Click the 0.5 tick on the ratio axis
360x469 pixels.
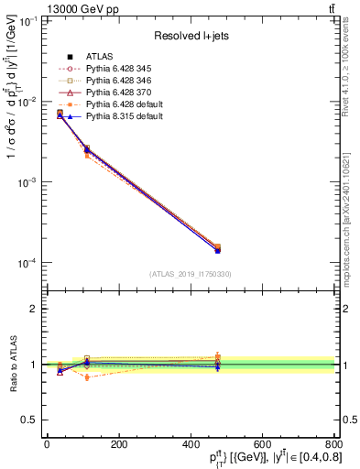(x=34, y=420)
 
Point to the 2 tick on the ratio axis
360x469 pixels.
(x=37, y=309)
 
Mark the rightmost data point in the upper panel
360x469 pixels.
(x=217, y=249)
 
